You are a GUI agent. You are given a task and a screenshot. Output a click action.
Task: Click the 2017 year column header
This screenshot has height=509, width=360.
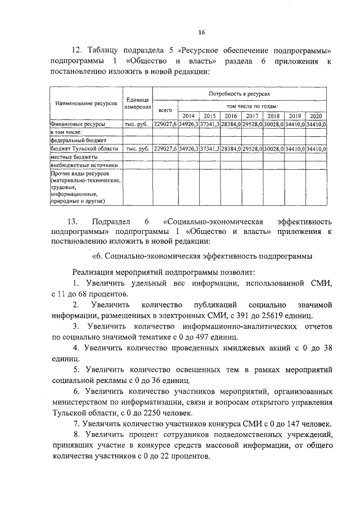252,116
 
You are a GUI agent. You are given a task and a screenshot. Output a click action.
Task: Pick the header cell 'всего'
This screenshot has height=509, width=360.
165,110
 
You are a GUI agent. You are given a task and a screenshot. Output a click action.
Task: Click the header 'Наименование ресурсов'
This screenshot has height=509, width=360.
85,104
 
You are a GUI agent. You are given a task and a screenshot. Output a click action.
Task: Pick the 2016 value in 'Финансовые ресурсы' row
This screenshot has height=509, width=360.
231,124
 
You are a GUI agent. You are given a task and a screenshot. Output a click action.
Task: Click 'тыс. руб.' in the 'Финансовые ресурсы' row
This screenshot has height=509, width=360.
137,124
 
